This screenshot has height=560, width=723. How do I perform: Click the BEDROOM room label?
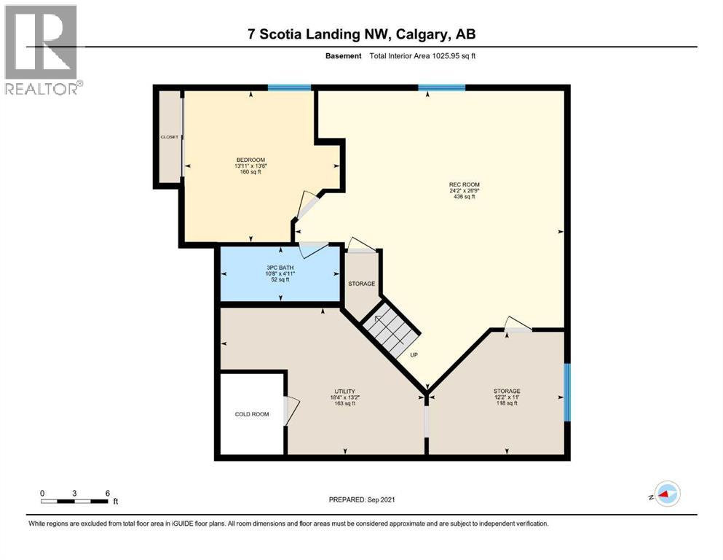[250, 160]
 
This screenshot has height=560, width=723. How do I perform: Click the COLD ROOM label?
[252, 414]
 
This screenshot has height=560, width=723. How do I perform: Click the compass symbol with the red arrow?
[666, 494]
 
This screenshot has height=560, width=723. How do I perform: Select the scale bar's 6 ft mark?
[107, 493]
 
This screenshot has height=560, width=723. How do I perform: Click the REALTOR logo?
[42, 50]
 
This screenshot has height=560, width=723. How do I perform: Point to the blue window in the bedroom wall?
[289, 88]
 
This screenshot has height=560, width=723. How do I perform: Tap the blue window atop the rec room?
[442, 88]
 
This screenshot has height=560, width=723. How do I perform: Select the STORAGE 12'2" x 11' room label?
[507, 392]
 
